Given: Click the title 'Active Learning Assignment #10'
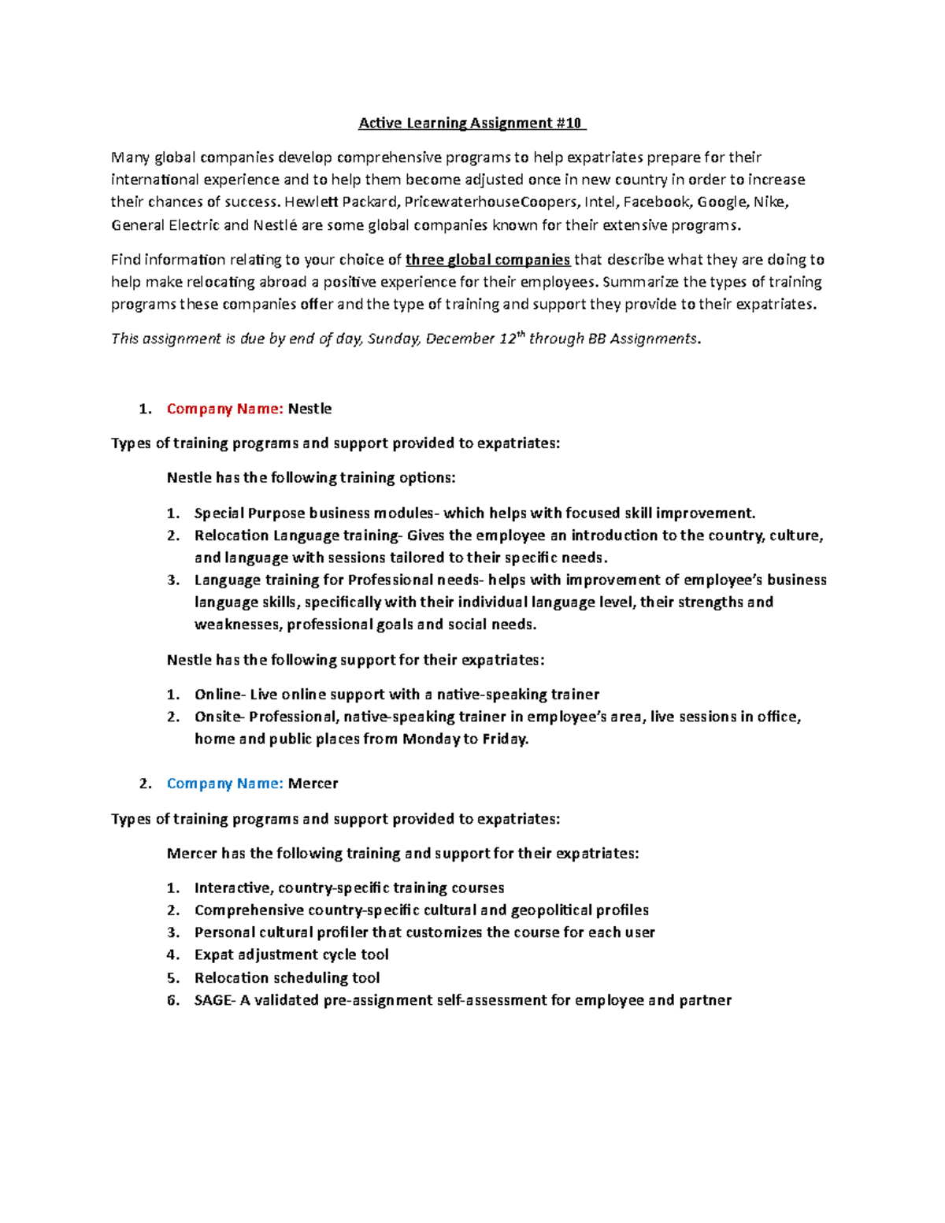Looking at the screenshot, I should pos(471,123).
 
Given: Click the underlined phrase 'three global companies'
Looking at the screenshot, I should pos(487,260).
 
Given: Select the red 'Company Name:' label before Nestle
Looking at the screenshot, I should pos(224,409).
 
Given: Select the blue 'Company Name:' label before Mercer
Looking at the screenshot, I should pos(224,784).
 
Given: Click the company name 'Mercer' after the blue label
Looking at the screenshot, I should pos(313,784).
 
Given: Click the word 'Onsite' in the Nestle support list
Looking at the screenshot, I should pos(218,717).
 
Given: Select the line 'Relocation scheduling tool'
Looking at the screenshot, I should pos(287,978).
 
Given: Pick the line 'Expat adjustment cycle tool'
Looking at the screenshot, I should pos(291,954).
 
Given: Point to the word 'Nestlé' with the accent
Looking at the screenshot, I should pos(275,225).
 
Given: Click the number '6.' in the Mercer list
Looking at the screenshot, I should pos(173,1000).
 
